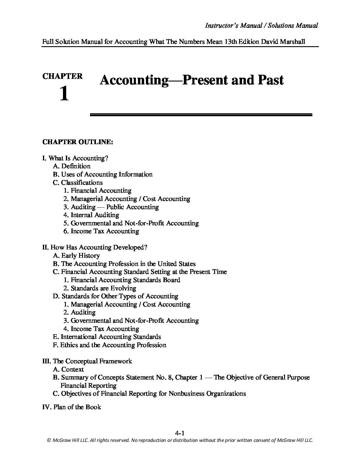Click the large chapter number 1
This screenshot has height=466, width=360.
pos(64,94)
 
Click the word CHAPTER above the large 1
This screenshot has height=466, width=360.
pos(62,76)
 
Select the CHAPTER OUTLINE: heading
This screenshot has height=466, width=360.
pos(78,142)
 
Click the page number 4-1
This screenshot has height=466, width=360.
pos(179,433)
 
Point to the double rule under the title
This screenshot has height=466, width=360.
pos(201,115)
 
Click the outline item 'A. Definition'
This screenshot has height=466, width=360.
pos(72,166)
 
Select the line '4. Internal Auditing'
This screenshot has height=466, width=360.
pos(91,215)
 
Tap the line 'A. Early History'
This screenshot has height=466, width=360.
pos(76,256)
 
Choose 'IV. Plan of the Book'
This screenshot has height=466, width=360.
pos(72,407)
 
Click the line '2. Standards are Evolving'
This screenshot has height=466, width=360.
pos(100,288)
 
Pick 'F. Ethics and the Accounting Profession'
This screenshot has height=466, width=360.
pos(109,345)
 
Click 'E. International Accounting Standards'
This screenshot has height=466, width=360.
pos(107,337)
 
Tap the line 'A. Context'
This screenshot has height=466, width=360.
pos(68,370)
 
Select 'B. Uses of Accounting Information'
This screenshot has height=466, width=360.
pos(103,174)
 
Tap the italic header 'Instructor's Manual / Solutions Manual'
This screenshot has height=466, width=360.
pos(261,26)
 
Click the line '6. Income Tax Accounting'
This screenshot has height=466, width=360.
pos(101,231)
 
